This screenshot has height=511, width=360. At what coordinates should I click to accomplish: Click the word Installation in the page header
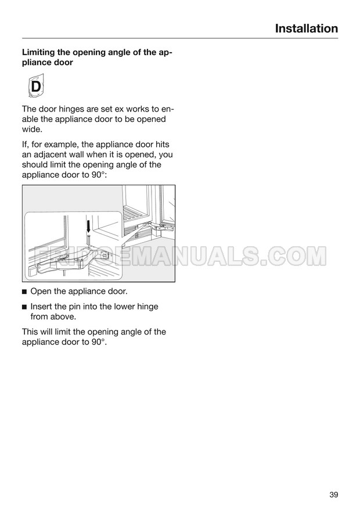[x=306, y=28]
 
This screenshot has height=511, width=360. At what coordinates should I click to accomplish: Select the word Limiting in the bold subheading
[x=41, y=52]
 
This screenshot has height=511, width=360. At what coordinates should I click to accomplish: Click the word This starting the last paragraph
[x=31, y=332]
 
